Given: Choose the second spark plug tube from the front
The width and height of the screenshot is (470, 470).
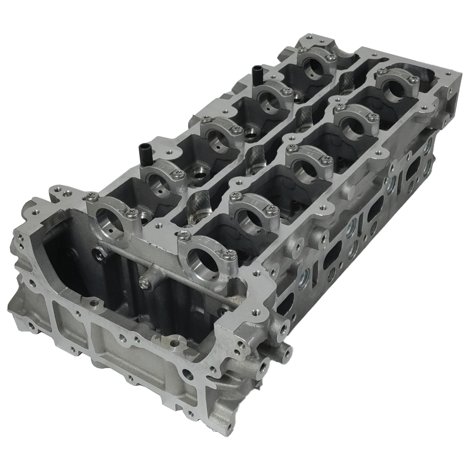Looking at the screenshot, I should [x=255, y=156].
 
